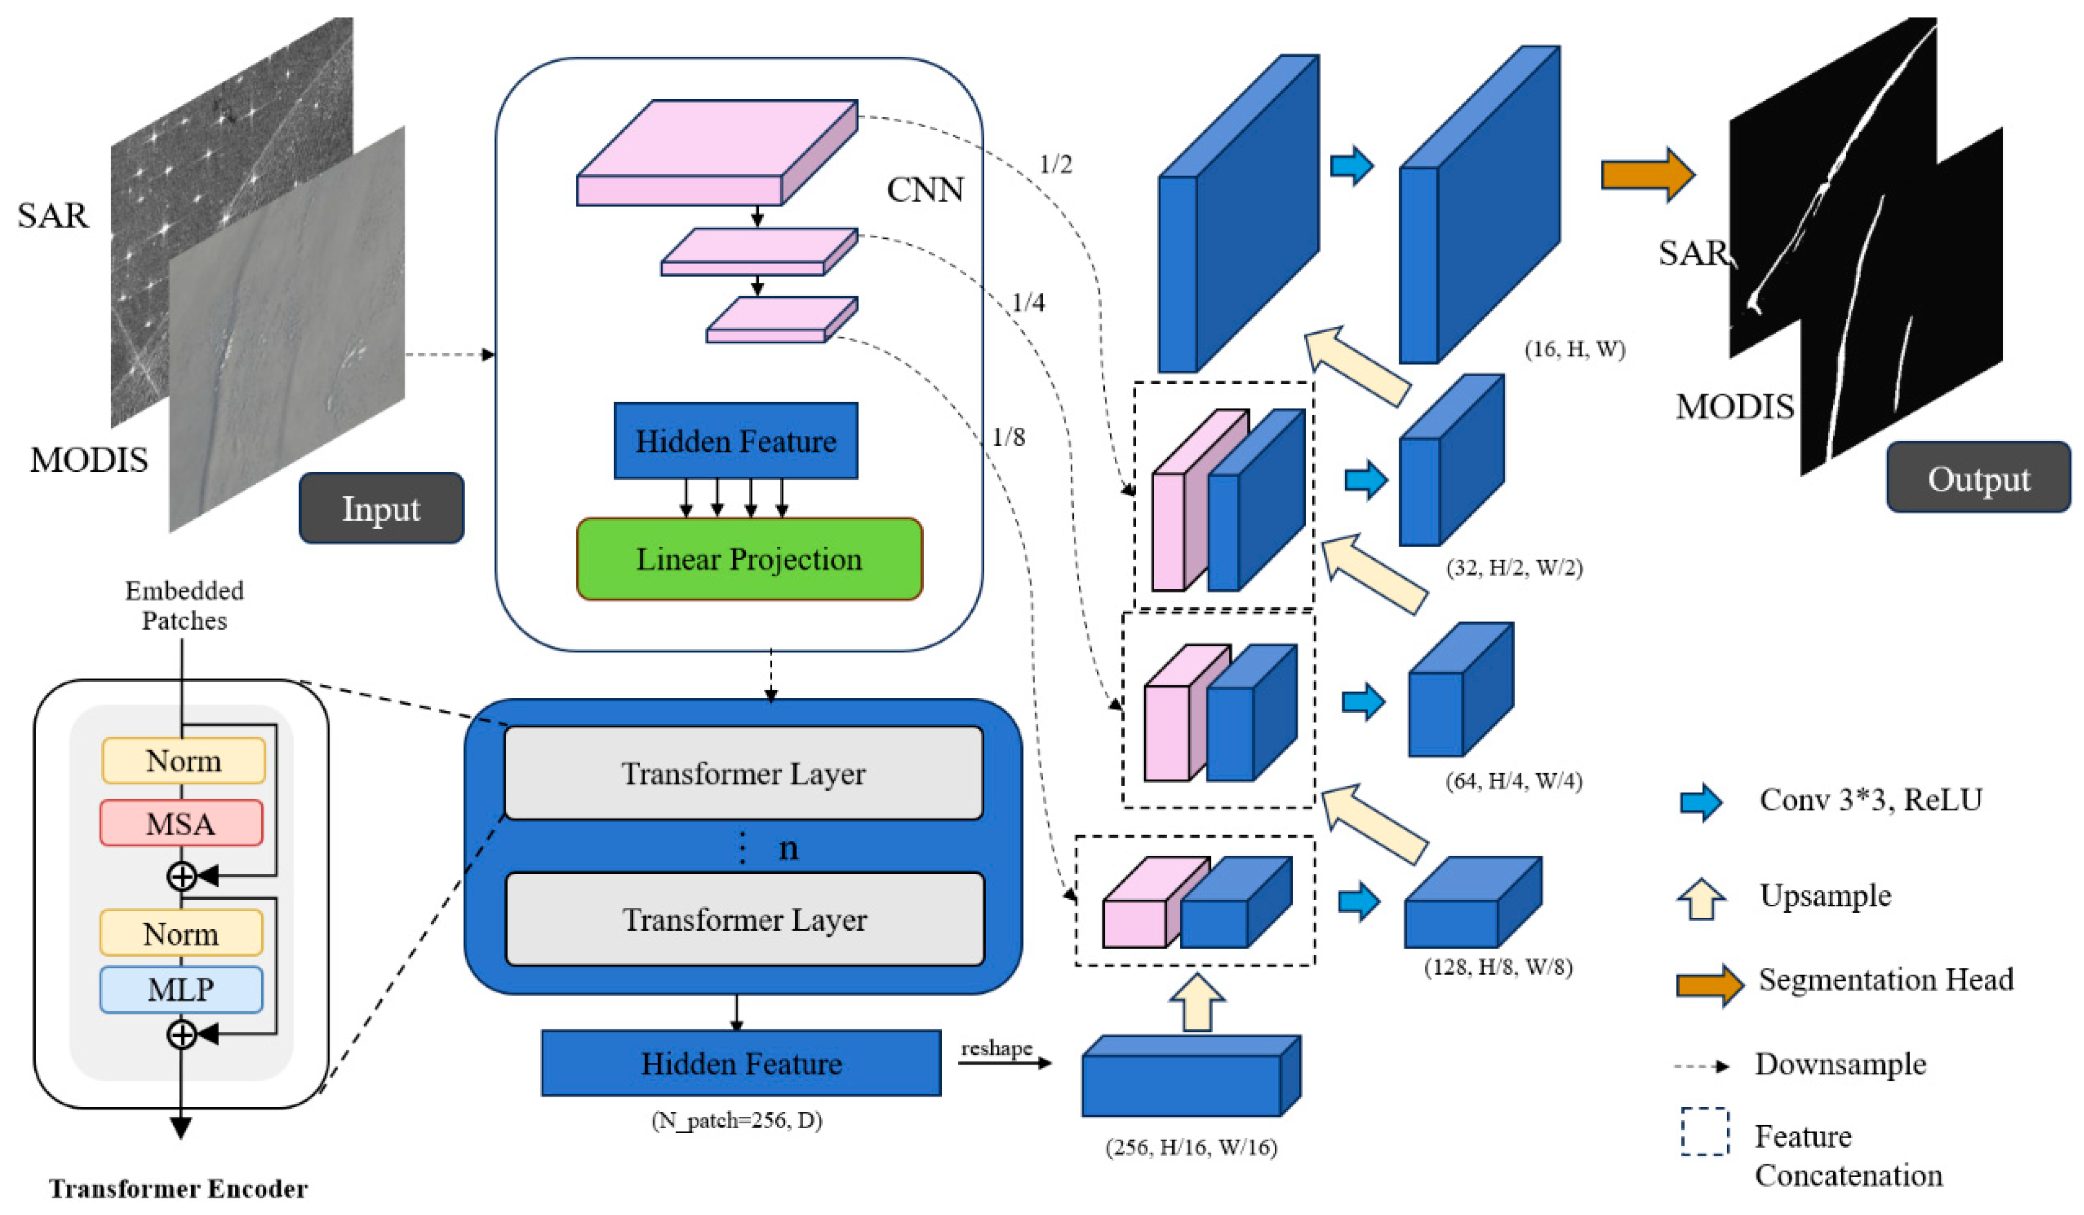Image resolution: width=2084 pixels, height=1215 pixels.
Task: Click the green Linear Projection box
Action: pos(748,559)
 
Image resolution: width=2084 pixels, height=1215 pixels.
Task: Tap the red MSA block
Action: pos(181,823)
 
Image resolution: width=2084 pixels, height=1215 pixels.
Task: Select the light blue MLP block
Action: pos(181,989)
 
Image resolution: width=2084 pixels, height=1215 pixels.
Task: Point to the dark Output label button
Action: pos(1978,478)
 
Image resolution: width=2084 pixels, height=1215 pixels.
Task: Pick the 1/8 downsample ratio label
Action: pos(1008,437)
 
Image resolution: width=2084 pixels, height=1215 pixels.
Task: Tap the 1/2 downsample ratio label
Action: pos(1055,165)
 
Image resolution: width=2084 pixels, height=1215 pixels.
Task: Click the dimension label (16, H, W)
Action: pos(1574,349)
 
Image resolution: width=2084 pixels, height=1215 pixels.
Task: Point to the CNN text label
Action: pos(924,190)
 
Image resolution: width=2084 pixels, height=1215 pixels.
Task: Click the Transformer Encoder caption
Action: pos(178,1189)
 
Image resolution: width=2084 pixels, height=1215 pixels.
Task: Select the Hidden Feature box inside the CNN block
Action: pos(735,441)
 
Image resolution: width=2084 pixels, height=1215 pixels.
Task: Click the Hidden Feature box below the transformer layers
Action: pos(741,1063)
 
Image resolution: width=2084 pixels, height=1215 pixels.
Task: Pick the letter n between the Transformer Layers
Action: pos(788,848)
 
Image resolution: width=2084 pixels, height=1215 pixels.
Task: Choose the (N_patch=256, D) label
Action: pos(736,1121)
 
